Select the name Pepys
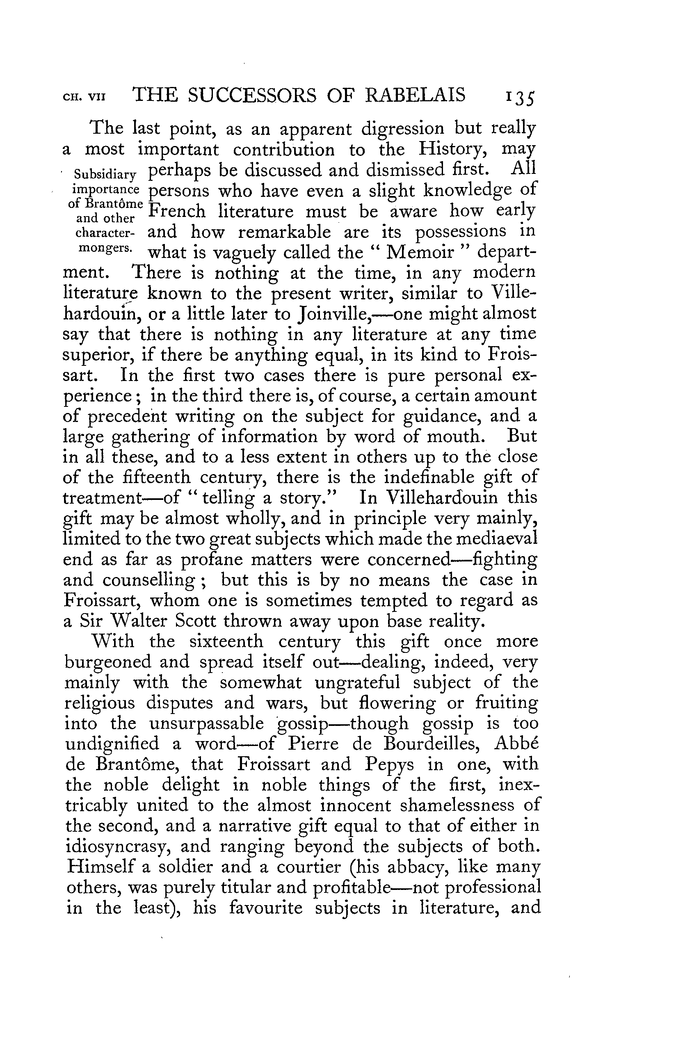click(390, 764)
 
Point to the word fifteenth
click(152, 478)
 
